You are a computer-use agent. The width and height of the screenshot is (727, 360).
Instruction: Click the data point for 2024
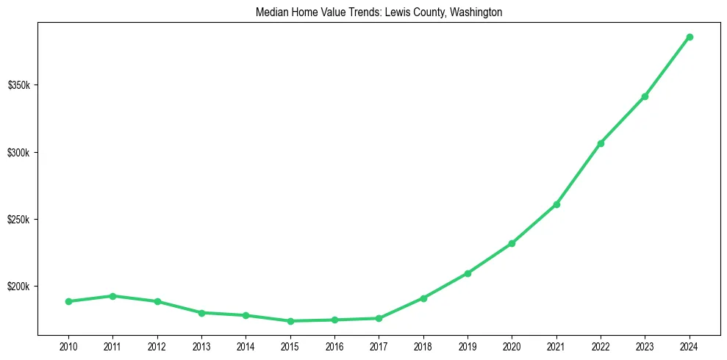coord(690,37)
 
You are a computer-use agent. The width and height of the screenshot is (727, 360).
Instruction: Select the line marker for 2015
coord(290,321)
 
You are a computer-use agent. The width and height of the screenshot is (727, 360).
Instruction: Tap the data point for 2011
coord(112,296)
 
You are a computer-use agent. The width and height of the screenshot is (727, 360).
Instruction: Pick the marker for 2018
coord(423,298)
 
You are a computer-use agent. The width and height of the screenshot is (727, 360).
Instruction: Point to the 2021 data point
coord(556,204)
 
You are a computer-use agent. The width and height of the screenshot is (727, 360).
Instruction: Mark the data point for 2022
coord(601,143)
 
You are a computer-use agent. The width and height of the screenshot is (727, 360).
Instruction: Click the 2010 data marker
coord(68,301)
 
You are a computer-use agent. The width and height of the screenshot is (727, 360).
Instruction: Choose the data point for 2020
coord(512,243)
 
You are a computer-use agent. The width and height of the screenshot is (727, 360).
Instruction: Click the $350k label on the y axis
coord(18,86)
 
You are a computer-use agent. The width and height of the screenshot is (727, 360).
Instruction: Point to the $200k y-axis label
coord(18,287)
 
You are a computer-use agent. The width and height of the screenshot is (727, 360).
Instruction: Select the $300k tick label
coord(18,153)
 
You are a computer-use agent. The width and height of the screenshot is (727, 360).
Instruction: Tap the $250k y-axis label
coord(18,220)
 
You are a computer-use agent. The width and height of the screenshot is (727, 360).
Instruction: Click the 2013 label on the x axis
coord(201,346)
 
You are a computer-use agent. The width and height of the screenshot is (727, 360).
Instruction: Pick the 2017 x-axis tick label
coord(379,346)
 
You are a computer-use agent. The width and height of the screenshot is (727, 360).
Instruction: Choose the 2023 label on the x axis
coord(645,346)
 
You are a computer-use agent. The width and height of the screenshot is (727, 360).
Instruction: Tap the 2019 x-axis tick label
coord(468,346)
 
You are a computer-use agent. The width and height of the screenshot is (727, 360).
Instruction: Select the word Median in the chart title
coord(270,12)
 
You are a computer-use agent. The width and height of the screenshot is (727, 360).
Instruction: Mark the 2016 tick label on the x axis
coord(334,346)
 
